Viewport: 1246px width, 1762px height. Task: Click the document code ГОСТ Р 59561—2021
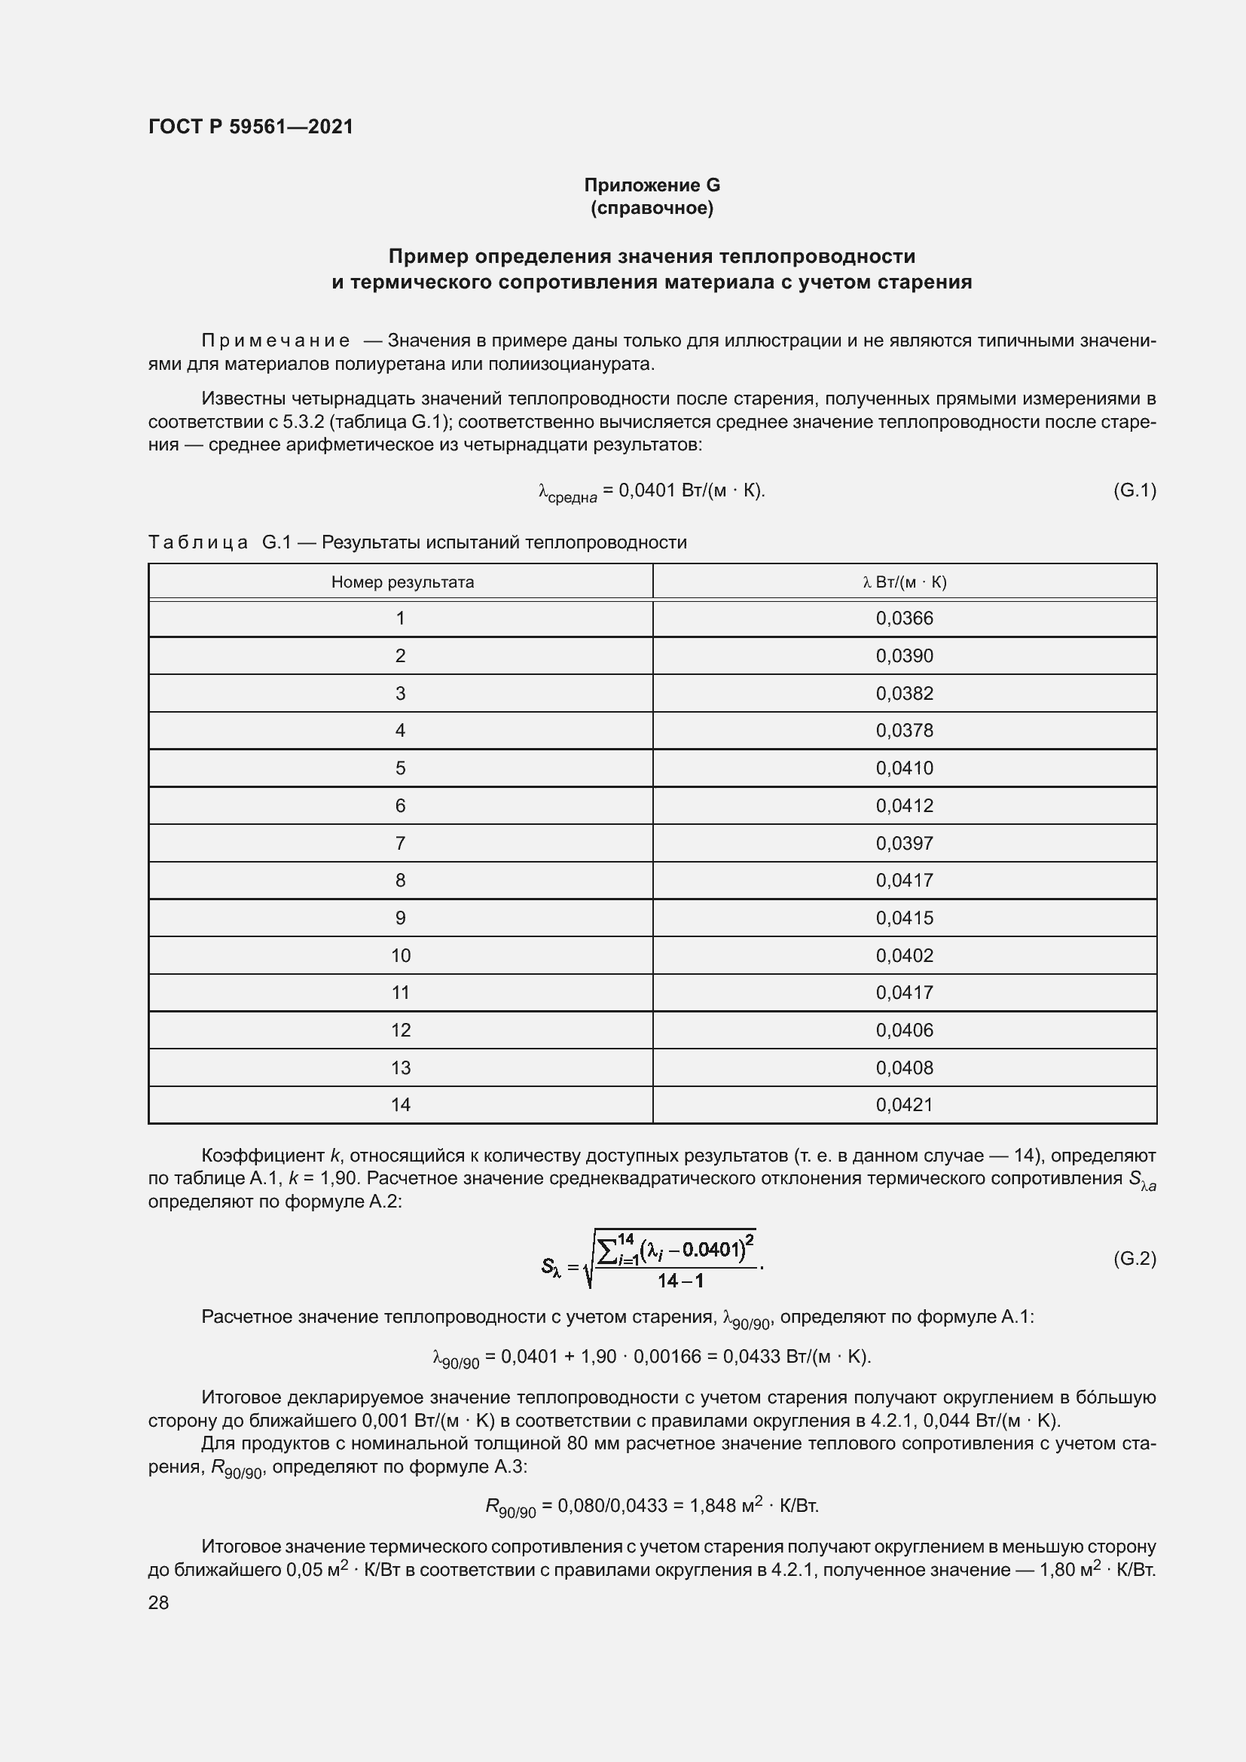click(x=251, y=127)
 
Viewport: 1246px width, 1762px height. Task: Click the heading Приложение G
click(x=652, y=185)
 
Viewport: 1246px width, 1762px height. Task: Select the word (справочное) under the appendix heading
click(x=652, y=208)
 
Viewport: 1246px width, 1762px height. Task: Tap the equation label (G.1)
click(x=1134, y=490)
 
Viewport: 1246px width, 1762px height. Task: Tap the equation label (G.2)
click(x=1134, y=1259)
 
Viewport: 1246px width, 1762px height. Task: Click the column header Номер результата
click(x=402, y=582)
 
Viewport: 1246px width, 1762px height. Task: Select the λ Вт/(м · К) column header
click(x=904, y=582)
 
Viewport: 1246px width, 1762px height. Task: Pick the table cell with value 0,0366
click(x=904, y=618)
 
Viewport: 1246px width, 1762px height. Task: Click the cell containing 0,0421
click(x=904, y=1104)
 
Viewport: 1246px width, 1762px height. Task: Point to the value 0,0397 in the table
click(x=904, y=844)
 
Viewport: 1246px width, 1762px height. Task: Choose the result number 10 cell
click(x=401, y=955)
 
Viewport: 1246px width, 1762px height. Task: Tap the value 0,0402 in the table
click(x=904, y=955)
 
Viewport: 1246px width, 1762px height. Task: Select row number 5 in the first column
click(x=400, y=768)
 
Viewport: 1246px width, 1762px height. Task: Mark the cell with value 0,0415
click(x=904, y=918)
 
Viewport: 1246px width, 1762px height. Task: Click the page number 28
click(x=158, y=1602)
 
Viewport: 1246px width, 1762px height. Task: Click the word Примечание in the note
click(x=276, y=340)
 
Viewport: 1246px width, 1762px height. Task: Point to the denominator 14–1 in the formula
click(x=679, y=1280)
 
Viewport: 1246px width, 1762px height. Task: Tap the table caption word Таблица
click(x=198, y=542)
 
